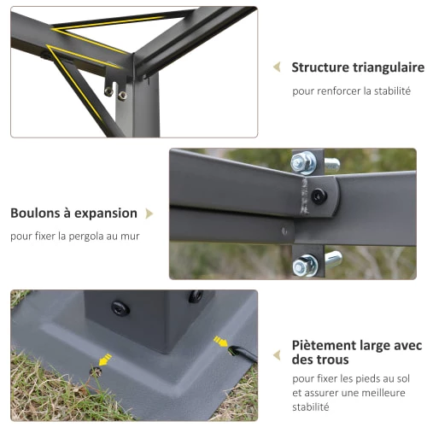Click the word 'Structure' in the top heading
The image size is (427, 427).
pos(320,67)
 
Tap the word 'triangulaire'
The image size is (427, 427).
pos(389,68)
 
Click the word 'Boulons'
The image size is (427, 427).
pos(35,213)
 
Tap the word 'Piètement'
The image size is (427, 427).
pos(325,345)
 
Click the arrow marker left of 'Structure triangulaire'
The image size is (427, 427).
pos(277,67)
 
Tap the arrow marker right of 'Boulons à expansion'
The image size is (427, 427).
pos(149,213)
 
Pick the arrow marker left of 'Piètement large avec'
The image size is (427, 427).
pos(277,355)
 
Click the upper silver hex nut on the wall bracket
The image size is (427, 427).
pos(303,163)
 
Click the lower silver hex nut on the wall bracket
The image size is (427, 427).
pos(305,266)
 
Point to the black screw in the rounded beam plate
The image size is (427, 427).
pos(319,196)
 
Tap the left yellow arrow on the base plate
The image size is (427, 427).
pos(104,360)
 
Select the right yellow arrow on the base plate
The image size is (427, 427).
pos(220,342)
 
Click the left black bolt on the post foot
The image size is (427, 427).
pos(120,308)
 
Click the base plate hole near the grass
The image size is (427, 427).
pos(96,371)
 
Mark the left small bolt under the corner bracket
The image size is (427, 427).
pos(108,91)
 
